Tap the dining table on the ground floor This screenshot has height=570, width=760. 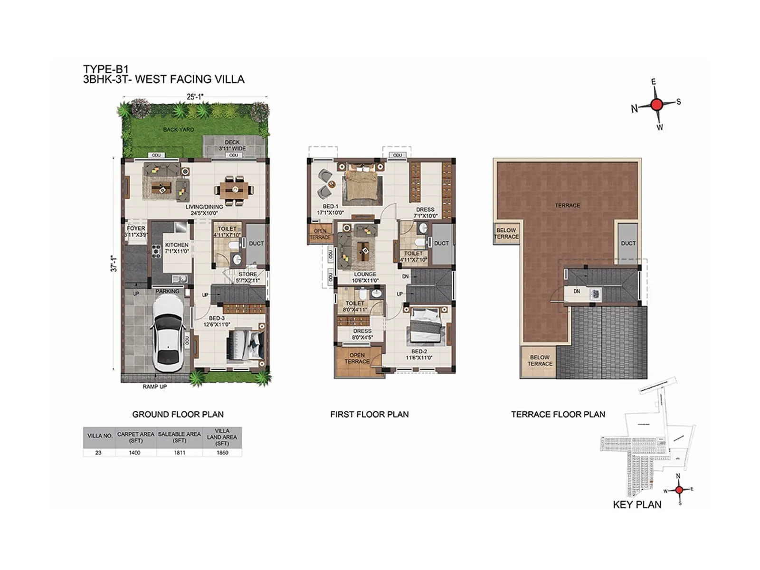tap(236, 191)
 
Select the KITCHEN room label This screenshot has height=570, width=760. tap(177, 245)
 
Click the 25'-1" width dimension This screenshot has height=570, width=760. tap(195, 97)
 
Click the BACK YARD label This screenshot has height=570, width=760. tap(179, 129)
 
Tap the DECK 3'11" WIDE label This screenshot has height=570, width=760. tap(232, 145)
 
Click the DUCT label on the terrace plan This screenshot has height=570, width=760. tap(628, 243)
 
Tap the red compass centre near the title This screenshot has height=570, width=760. tap(656, 104)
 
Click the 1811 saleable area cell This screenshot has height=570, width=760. tap(180, 453)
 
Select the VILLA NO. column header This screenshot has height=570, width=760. tap(100, 436)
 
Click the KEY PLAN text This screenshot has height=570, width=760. tap(637, 504)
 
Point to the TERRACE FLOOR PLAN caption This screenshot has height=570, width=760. tap(558, 414)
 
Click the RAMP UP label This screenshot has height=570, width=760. tap(155, 387)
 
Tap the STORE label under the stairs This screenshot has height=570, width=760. tap(247, 274)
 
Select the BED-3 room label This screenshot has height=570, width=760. tap(217, 318)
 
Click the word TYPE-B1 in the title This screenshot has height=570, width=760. tap(106, 69)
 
